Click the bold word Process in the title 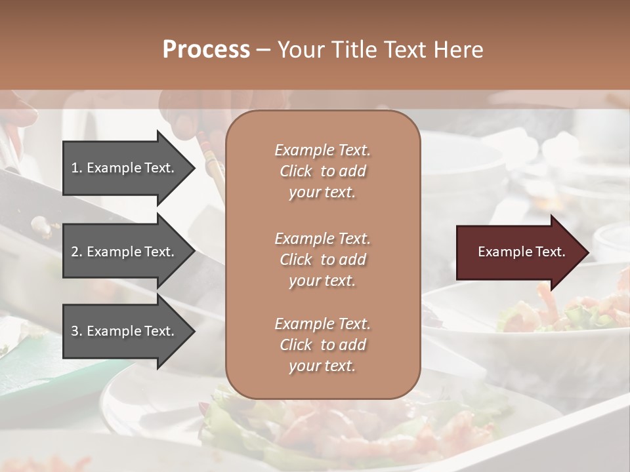[206, 50]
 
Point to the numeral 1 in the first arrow [75, 168]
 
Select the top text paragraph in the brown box [322, 171]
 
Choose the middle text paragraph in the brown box [322, 260]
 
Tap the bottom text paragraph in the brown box [322, 345]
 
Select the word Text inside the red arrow [550, 252]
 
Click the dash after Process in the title [263, 50]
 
